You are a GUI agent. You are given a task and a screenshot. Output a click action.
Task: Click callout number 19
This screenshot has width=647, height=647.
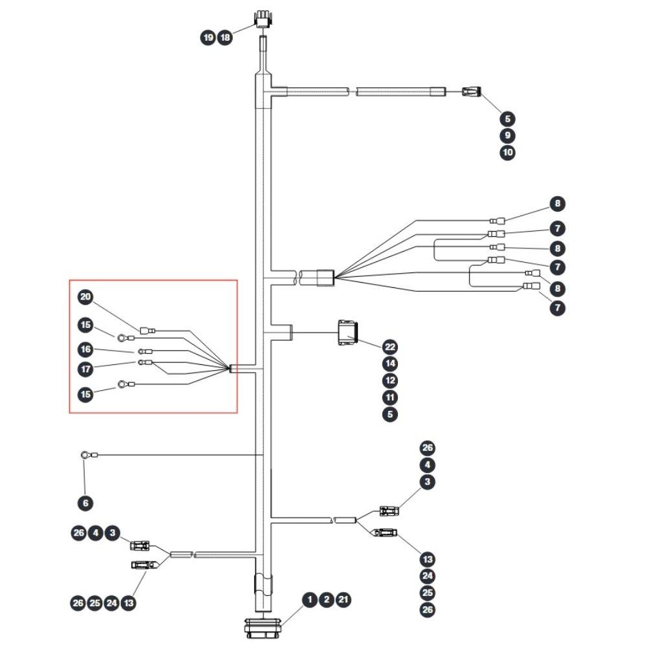[x=208, y=38]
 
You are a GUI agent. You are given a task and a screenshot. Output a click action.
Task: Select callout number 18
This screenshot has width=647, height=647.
[x=225, y=38]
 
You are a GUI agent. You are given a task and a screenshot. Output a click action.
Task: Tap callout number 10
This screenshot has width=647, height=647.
[x=507, y=152]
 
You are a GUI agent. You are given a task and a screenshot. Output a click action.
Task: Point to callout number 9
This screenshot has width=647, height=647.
[x=507, y=135]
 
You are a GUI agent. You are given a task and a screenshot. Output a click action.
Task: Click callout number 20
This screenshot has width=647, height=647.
[x=85, y=297]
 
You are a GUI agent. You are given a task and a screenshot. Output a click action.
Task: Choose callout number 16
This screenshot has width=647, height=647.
[x=85, y=349]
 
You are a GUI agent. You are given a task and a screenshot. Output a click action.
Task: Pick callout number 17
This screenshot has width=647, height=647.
[x=85, y=369]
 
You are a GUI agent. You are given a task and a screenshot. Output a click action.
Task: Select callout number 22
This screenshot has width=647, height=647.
[x=390, y=347]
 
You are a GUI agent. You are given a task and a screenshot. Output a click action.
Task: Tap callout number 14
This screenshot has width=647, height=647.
[x=390, y=364]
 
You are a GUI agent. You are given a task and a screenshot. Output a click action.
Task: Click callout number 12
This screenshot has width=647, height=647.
[x=390, y=380]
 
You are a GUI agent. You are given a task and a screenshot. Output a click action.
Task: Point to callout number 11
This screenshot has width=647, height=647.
[x=390, y=397]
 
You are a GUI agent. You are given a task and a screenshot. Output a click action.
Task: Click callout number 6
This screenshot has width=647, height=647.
[x=85, y=503]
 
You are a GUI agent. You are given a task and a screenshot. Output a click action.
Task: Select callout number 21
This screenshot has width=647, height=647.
[x=344, y=600]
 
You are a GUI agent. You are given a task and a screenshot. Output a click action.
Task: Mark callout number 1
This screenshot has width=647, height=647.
[x=310, y=600]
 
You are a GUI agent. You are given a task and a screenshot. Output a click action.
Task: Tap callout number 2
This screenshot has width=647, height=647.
[x=326, y=600]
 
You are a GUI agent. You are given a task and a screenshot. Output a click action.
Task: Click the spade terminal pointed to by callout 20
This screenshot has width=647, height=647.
[x=148, y=331]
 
